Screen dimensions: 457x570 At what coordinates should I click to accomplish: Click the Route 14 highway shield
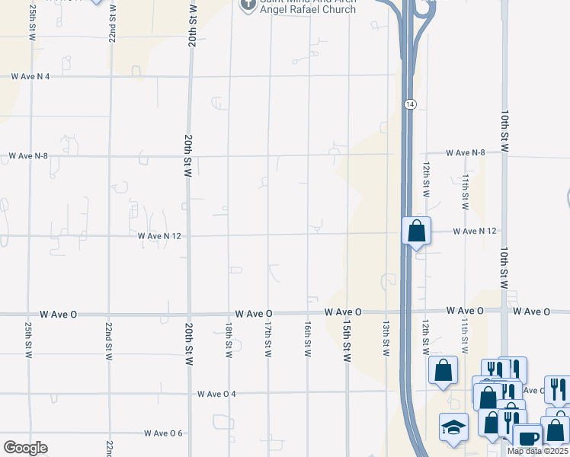410,104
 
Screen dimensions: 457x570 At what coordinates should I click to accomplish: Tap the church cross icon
247,5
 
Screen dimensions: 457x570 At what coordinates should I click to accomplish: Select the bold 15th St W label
347,340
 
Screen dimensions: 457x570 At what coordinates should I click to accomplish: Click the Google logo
25,448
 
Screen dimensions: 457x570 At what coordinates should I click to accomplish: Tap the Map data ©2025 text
537,451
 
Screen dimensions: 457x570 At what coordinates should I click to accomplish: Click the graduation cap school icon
453,428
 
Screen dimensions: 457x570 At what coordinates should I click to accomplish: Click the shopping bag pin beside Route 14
417,231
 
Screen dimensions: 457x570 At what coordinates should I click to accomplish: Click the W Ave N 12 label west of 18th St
163,236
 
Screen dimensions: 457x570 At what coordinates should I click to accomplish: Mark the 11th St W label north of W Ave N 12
465,190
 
